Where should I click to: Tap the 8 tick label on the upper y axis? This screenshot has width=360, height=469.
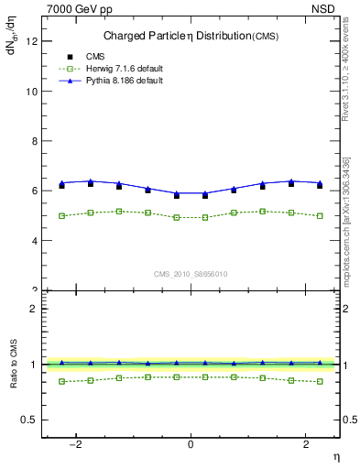36,141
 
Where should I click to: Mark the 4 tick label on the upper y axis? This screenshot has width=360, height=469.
36,241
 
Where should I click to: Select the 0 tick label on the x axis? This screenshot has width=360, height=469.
191,444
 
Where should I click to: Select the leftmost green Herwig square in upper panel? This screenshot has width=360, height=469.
61,216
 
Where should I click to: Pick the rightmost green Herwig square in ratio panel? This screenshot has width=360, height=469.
320,381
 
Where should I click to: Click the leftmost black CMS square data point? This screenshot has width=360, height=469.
61,186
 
